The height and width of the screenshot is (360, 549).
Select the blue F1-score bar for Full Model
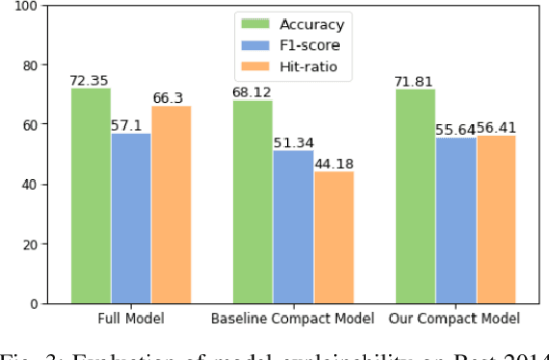(x=131, y=219)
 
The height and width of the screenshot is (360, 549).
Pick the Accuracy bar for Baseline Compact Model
(x=252, y=202)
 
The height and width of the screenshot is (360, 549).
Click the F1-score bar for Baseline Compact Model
(x=293, y=226)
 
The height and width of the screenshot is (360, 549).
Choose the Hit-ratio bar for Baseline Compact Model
(x=333, y=237)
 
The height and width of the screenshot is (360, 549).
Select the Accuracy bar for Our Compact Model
(x=415, y=196)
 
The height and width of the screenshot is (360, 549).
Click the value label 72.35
(x=90, y=81)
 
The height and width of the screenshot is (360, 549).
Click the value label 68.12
(x=252, y=93)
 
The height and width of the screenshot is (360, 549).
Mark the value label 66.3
(x=170, y=98)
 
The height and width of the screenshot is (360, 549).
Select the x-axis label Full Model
(x=131, y=319)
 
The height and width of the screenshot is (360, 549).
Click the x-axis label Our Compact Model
(x=456, y=319)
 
